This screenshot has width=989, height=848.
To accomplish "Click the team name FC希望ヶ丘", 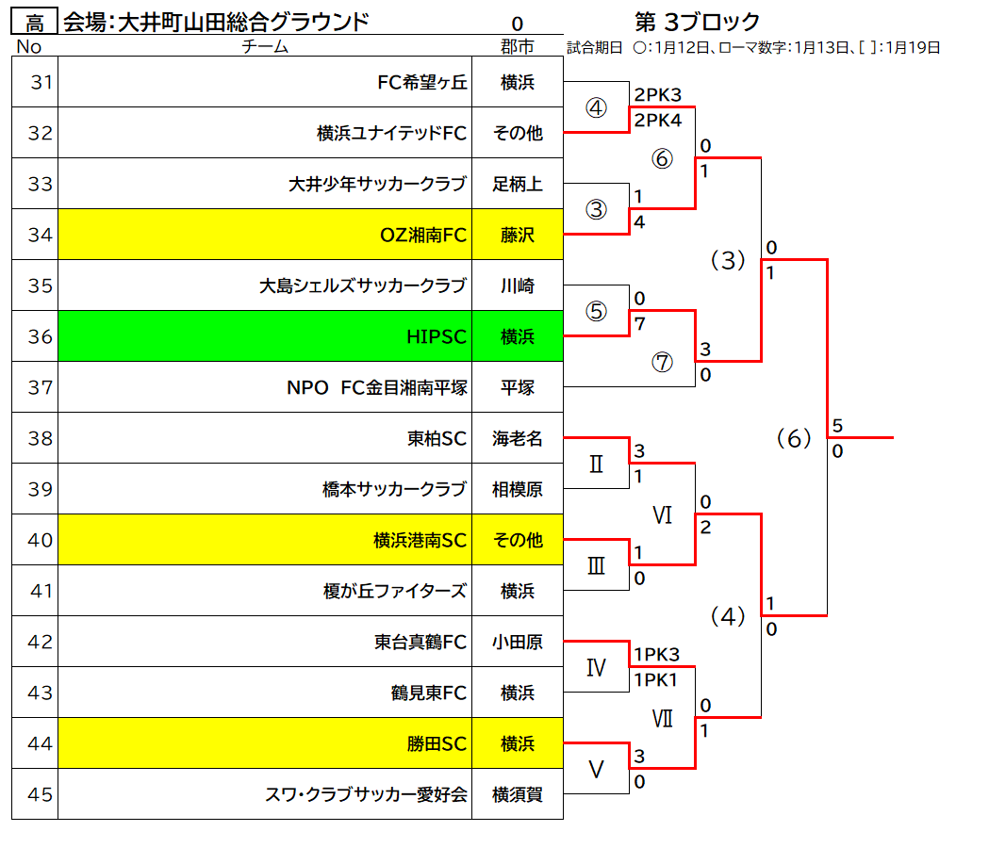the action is click(x=422, y=82).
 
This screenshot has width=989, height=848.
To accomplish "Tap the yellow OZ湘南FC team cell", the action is click(x=265, y=234).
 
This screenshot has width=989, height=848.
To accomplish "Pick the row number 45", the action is click(x=40, y=794).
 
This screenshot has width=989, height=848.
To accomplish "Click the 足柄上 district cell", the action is click(x=518, y=184).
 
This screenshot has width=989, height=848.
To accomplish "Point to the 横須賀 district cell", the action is click(x=518, y=794).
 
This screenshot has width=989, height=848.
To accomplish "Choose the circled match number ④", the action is click(x=596, y=107).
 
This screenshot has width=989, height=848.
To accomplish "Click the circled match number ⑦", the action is click(x=662, y=362).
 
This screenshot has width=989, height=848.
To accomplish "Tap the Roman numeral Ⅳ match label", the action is click(x=596, y=667).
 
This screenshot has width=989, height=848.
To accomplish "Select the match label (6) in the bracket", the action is click(x=794, y=437).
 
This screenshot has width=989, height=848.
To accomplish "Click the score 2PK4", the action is click(x=657, y=120).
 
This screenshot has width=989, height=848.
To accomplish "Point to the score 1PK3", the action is click(x=656, y=655).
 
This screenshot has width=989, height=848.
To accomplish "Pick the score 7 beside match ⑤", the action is click(x=639, y=323).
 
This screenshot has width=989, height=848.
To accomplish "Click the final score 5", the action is click(x=837, y=426).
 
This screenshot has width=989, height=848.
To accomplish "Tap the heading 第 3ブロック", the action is click(x=697, y=22).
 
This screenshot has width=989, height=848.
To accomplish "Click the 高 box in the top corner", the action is click(x=35, y=22).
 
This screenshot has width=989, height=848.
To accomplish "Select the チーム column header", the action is click(x=265, y=46).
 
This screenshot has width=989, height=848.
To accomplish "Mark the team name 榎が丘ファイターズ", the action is click(x=395, y=591).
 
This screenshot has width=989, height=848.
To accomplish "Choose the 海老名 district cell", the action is click(x=518, y=438).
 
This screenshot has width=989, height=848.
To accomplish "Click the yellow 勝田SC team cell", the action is click(x=265, y=743).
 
